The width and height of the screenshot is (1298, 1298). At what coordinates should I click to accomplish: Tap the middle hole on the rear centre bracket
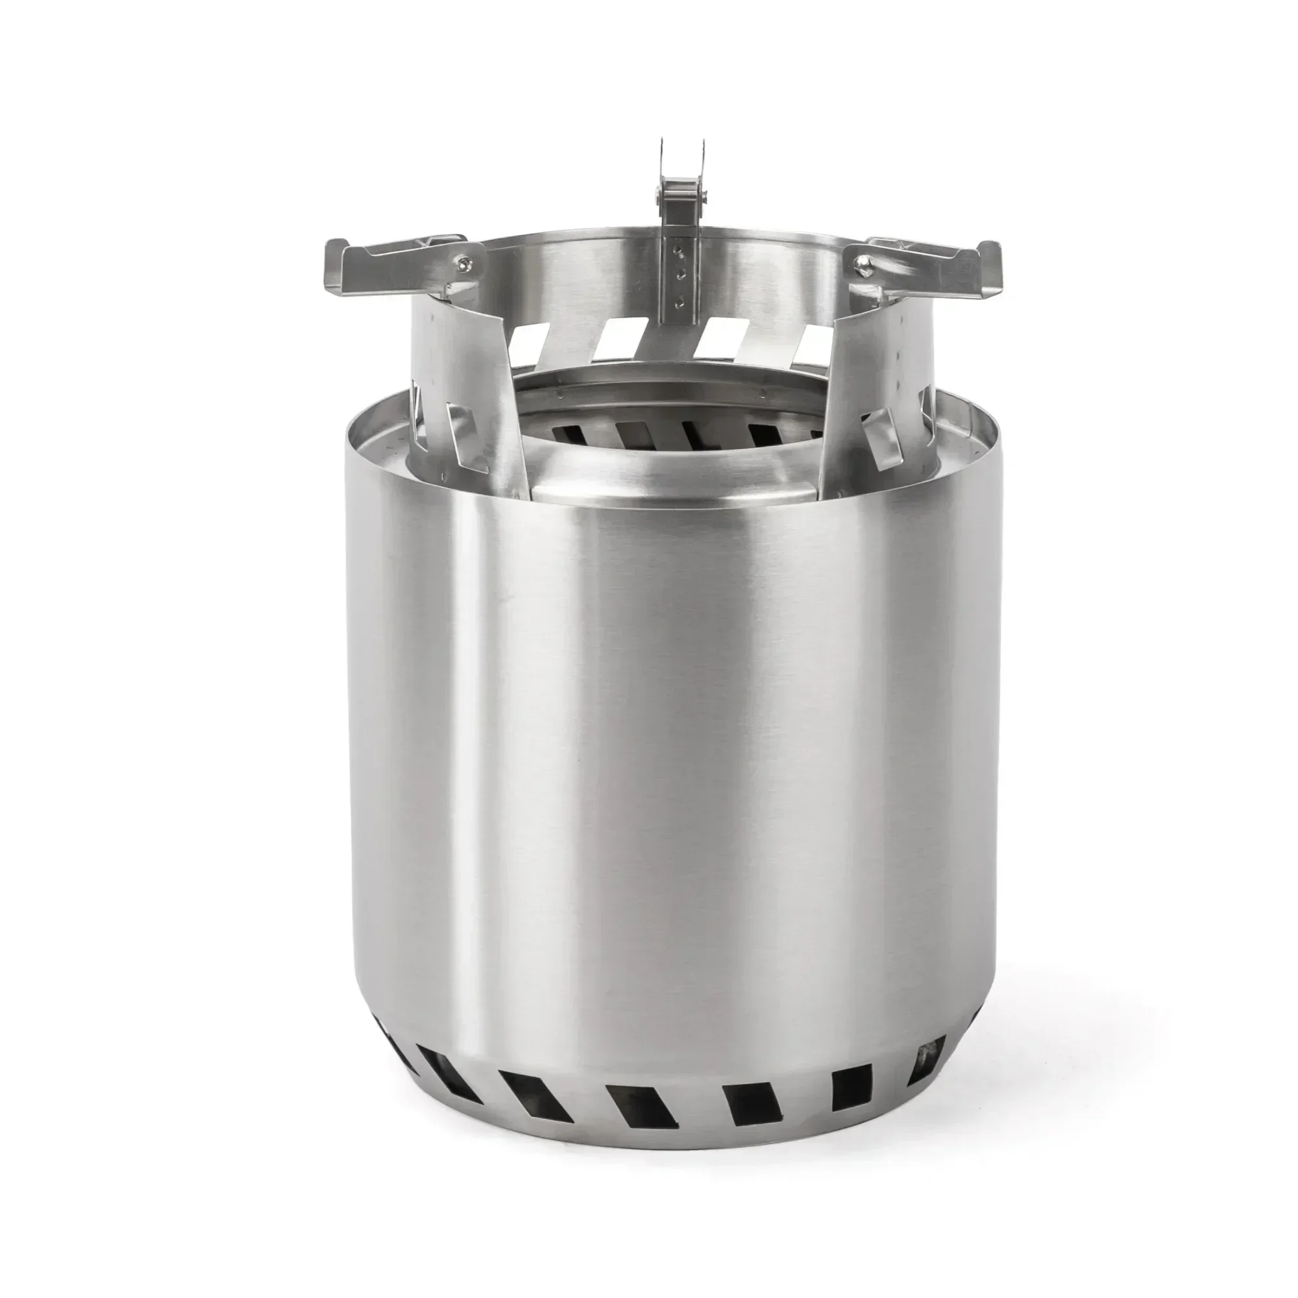click(x=681, y=273)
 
